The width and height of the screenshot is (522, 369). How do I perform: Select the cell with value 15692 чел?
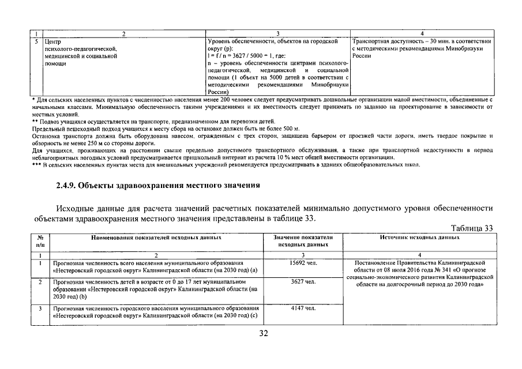click(x=302, y=262)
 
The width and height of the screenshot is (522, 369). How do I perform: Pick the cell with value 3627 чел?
click(x=302, y=281)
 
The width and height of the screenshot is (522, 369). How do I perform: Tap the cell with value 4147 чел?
click(x=302, y=308)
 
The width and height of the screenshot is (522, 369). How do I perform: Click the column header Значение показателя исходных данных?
click(x=302, y=241)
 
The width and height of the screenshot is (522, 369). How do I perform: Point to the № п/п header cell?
click(x=41, y=241)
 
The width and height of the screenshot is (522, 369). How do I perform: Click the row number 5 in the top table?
click(x=37, y=42)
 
